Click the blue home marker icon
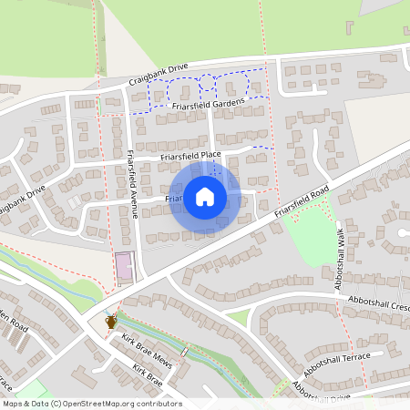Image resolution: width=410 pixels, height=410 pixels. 205,196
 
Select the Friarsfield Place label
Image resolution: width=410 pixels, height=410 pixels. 190,155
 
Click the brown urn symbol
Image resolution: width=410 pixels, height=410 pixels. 110,321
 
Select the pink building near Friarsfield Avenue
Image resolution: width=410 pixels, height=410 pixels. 123,268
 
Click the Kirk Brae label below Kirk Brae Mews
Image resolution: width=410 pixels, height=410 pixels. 147,373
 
